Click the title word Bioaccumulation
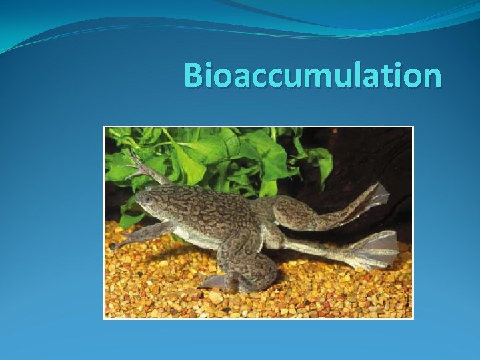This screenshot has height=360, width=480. click(x=312, y=75)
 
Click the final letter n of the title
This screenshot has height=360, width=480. click(x=431, y=78)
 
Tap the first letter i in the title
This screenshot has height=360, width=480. click(x=211, y=75)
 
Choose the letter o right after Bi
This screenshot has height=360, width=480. click(x=225, y=78)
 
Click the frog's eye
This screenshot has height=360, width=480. click(x=148, y=197)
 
